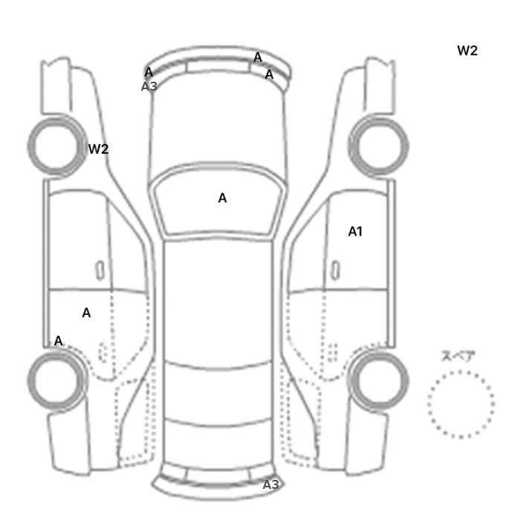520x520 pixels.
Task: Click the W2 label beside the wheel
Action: pos(99,149)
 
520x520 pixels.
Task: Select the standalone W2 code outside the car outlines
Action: pos(467,51)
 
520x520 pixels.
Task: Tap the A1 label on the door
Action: pos(355,232)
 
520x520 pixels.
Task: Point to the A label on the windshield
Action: pos(223,198)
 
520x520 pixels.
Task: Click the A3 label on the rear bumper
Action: pos(271,485)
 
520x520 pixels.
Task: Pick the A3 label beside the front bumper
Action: pos(149,87)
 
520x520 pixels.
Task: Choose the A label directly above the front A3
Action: pos(149,72)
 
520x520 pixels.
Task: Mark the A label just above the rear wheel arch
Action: pos(59,341)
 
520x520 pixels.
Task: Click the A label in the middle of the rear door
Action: pos(86,313)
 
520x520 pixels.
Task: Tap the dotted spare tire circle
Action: pos(461,371)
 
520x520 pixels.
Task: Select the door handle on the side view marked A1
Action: pos(336,270)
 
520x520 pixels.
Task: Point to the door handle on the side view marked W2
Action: pos(100,270)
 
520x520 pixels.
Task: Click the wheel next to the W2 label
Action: pos(56,146)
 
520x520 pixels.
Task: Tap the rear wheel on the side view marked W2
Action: pos(56,380)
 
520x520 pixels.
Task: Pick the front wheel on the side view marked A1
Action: pos(378,146)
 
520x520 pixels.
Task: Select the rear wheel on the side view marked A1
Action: pos(379,380)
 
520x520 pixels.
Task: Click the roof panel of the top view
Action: pos(218,299)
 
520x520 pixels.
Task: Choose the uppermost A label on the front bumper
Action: pos(258,57)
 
